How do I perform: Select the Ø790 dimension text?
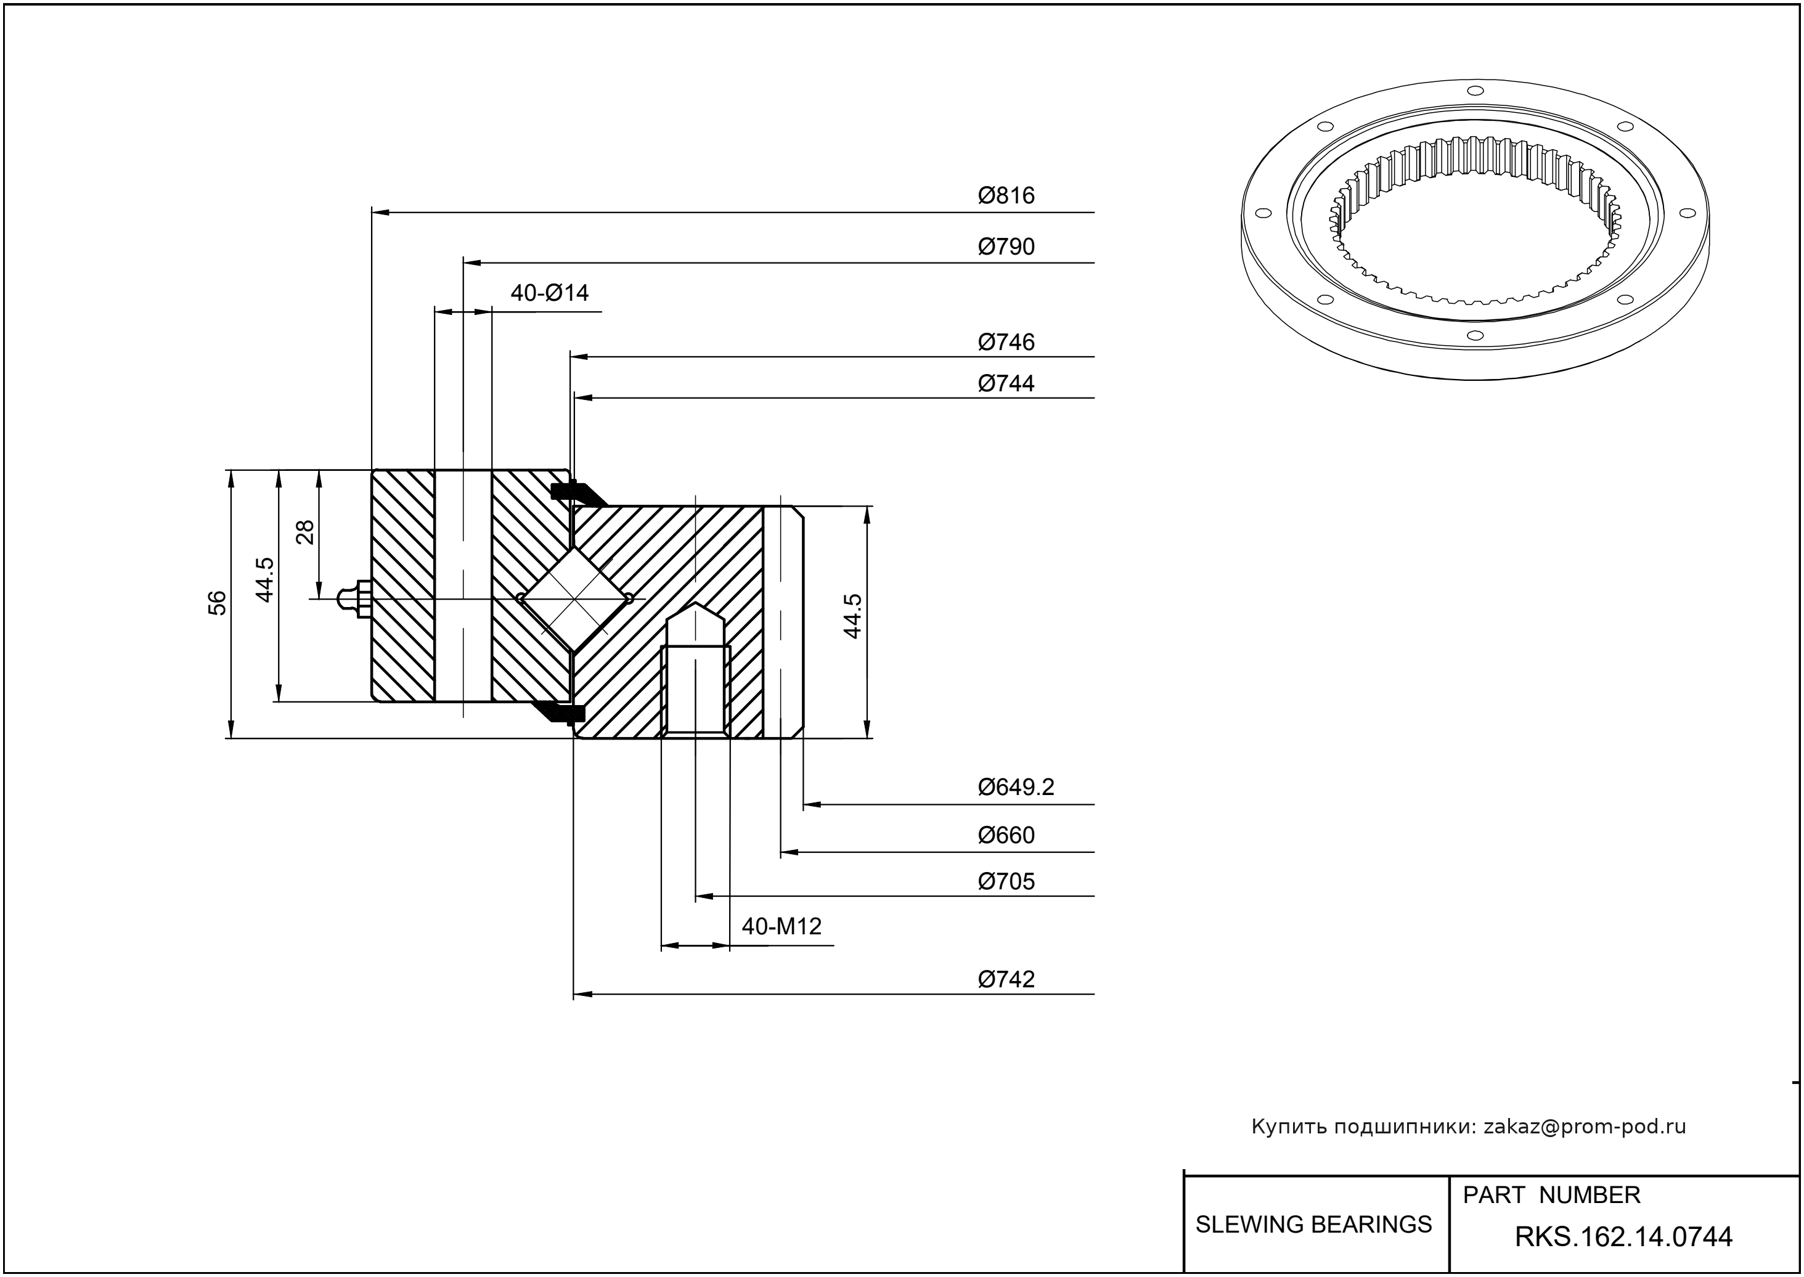[1006, 247]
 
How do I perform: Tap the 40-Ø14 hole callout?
[549, 293]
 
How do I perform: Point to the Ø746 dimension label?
[1006, 342]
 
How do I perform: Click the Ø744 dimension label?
[1006, 384]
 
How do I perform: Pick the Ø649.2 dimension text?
[1015, 787]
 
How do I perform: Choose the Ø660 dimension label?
[1006, 835]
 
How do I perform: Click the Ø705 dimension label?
[1006, 881]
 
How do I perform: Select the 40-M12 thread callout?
[781, 926]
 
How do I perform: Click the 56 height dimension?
[217, 603]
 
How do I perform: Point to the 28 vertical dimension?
[305, 532]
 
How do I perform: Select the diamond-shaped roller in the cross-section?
[576, 599]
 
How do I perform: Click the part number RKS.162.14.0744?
[1623, 1237]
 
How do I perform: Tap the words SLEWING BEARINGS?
[1313, 1225]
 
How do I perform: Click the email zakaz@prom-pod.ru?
[1584, 1127]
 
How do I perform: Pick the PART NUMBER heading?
[1551, 1195]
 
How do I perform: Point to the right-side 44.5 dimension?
[852, 616]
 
